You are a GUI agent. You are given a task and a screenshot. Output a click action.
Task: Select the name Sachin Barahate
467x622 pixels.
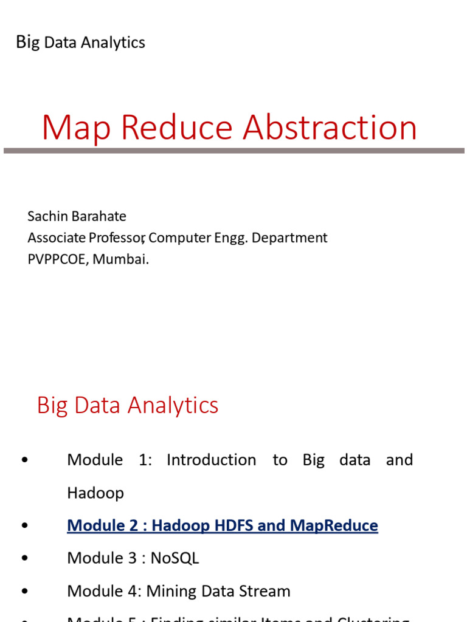tap(77, 216)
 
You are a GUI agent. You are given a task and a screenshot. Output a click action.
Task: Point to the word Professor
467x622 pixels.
tap(115, 238)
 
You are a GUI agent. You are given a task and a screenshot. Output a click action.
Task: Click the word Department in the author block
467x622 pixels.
tap(289, 238)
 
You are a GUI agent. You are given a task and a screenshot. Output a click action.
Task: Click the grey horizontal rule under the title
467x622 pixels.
tap(233, 150)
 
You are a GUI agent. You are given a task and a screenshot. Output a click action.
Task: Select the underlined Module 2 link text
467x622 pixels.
tap(222, 525)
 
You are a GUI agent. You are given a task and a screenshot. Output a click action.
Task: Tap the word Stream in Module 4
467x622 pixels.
tap(263, 590)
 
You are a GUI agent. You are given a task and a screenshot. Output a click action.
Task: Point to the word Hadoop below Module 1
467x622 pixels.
tap(95, 493)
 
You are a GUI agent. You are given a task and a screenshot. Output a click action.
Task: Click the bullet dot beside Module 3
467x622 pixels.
tap(24, 558)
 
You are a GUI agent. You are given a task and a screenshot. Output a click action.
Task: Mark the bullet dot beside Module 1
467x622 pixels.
tap(24, 460)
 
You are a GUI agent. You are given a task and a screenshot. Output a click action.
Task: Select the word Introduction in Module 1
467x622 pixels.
tap(211, 460)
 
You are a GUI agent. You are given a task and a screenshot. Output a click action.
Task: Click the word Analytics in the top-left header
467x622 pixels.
tap(113, 43)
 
